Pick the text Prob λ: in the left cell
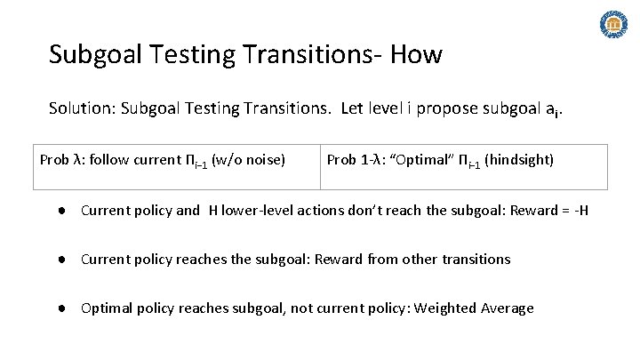point(63,160)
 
